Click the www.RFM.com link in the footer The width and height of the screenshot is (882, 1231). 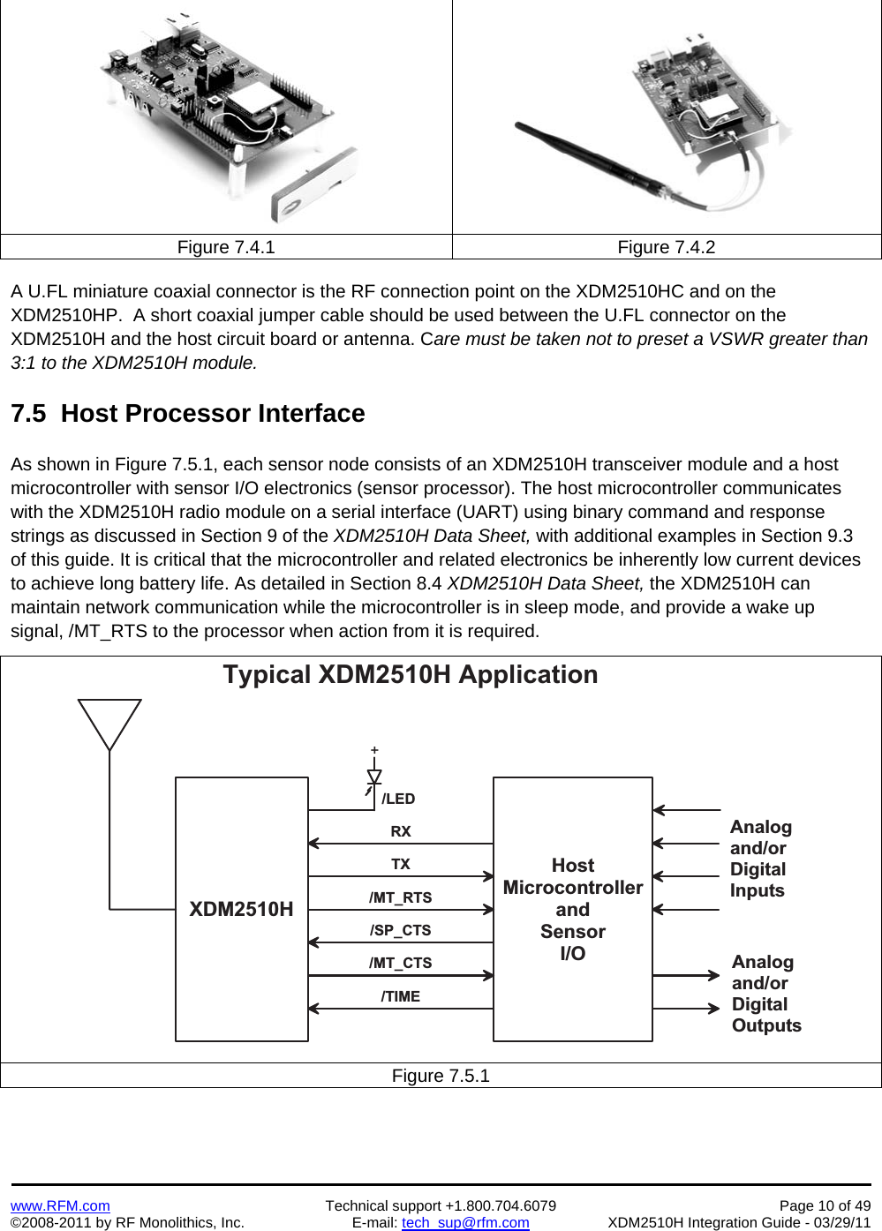[x=60, y=1205]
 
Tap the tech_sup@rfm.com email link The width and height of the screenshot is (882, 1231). [x=465, y=1222]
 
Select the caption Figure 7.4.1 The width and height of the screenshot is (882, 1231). [x=226, y=247]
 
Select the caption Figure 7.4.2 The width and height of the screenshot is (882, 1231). [x=666, y=247]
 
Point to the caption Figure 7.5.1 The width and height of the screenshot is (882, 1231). [x=441, y=1076]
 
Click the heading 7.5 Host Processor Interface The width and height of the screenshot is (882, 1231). [x=188, y=413]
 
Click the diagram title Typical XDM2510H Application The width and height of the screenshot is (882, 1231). [x=411, y=674]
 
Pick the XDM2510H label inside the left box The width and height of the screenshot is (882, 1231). [x=241, y=909]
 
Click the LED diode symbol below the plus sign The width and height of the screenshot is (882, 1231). [x=374, y=777]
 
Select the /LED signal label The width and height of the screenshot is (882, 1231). [x=398, y=799]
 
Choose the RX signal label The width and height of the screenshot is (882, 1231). [x=401, y=831]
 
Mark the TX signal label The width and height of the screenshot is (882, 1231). [x=401, y=864]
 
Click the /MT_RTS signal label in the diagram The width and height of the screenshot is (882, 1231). [x=401, y=897]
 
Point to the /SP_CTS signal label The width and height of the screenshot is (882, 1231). [x=401, y=930]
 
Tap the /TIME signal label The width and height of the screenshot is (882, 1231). [x=401, y=996]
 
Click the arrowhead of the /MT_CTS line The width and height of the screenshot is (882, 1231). [x=488, y=975]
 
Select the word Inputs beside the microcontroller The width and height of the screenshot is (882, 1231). [x=758, y=890]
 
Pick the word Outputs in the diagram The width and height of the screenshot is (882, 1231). [x=766, y=1025]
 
